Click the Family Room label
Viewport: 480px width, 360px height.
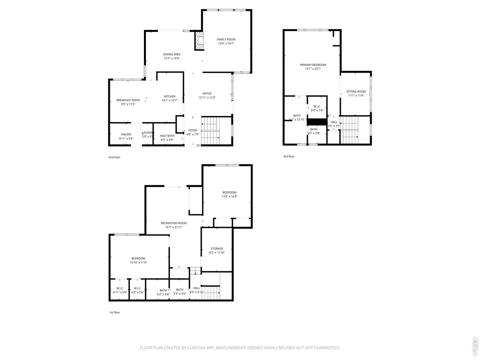226,39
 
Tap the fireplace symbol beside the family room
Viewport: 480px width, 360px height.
199,41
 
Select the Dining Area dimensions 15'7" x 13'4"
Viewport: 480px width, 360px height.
172,58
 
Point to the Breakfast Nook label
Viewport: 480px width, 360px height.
128,100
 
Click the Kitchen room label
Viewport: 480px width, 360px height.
169,96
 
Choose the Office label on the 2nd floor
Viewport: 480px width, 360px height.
207,93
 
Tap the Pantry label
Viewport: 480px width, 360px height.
126,134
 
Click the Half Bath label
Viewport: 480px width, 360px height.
167,136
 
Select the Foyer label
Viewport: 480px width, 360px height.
192,130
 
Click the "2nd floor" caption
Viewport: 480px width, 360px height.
114,157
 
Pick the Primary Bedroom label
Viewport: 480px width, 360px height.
313,65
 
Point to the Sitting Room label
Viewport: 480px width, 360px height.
356,91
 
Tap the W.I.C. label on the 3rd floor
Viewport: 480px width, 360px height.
317,106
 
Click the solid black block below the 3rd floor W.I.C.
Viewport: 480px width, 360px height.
317,122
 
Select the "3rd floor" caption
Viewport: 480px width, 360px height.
289,156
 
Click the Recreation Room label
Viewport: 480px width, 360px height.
174,223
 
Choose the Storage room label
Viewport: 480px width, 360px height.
217,249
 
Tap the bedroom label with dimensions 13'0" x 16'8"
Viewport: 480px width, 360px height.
229,192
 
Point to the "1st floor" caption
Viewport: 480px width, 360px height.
114,312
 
